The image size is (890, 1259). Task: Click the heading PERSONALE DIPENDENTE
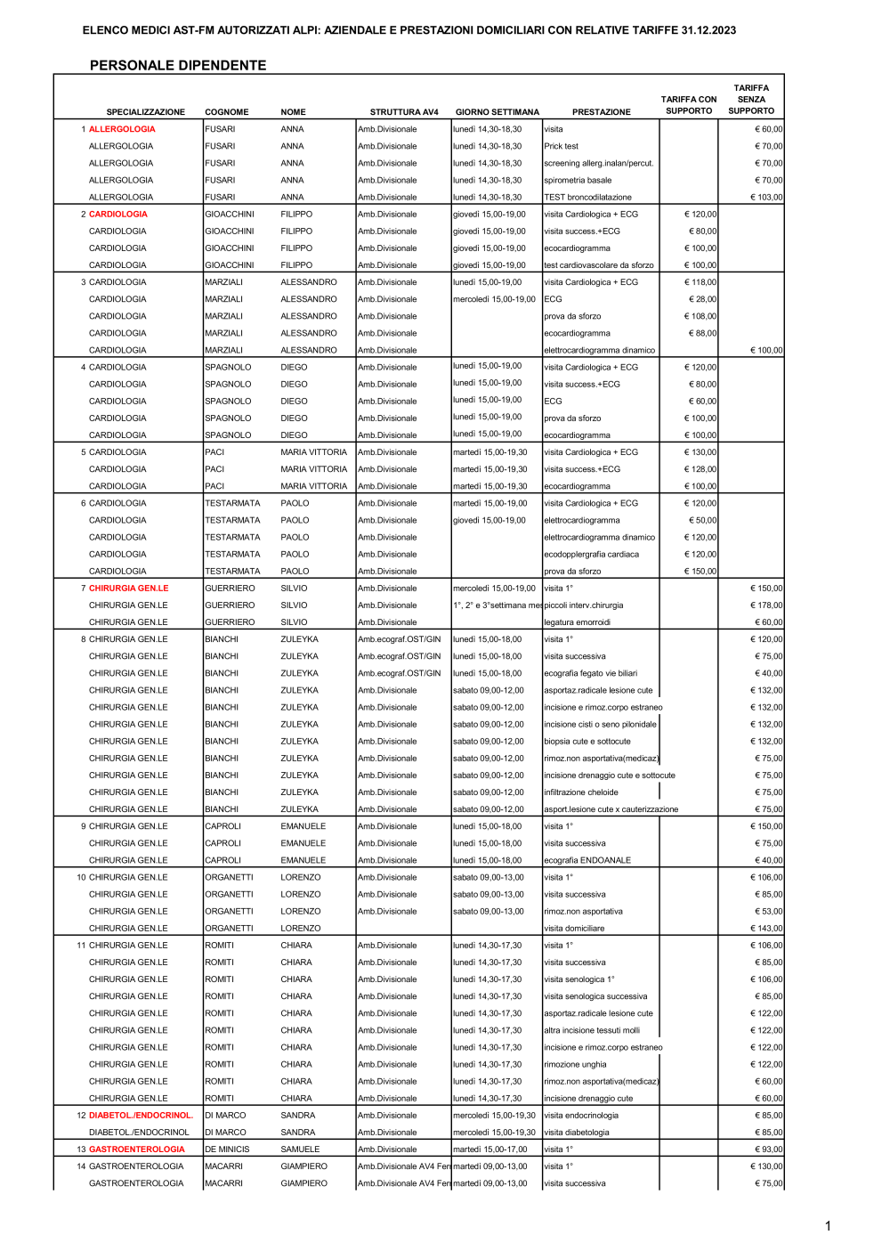(x=178, y=65)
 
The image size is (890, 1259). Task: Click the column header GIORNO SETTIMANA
(x=497, y=112)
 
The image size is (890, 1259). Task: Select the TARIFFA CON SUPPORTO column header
(x=688, y=105)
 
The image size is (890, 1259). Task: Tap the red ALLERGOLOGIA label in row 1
(x=122, y=129)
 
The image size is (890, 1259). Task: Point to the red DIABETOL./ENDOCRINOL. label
(x=141, y=1115)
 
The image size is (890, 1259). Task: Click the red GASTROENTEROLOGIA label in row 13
(x=136, y=1149)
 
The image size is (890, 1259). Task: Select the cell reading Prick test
(x=561, y=146)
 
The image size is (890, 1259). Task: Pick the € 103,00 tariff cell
(x=766, y=198)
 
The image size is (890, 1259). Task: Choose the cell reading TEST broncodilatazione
(x=587, y=198)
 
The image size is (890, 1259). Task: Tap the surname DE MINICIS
(x=227, y=1149)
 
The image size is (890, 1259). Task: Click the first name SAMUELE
(x=300, y=1149)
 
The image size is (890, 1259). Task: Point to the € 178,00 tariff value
(x=766, y=605)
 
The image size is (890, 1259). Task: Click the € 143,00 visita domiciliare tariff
(x=766, y=929)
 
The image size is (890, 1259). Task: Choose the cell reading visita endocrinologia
(x=580, y=1115)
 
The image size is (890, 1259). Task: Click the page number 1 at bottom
(x=828, y=1226)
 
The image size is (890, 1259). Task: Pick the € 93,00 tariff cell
(x=769, y=1149)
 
